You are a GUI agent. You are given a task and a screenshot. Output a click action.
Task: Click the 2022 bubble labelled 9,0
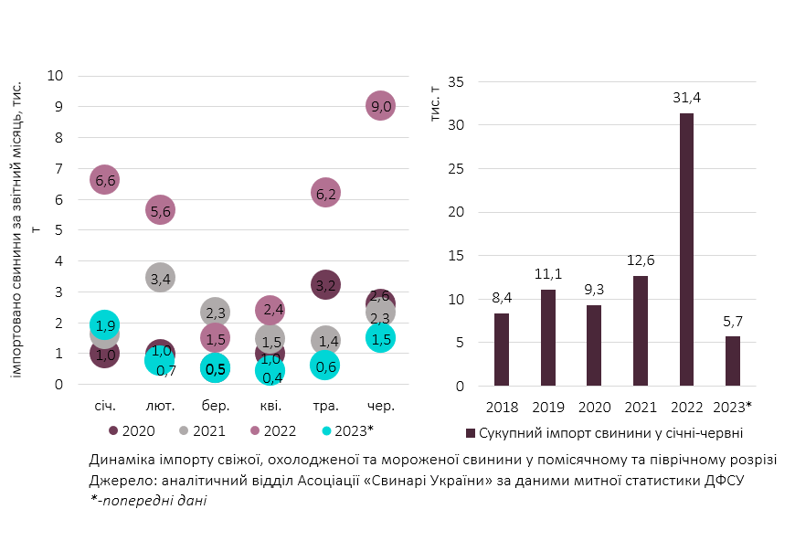coord(380,106)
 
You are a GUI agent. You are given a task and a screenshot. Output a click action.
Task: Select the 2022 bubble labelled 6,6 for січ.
coord(104,180)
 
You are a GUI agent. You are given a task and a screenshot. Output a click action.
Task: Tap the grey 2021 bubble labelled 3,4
coord(160,278)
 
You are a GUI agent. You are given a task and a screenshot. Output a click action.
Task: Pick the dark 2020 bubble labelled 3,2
coord(325,285)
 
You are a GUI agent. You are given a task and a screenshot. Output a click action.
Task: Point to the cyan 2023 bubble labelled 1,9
coord(104,325)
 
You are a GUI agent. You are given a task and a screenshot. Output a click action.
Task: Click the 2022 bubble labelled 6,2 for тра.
coord(325,193)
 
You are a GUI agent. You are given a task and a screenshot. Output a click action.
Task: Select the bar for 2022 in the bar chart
coord(686,249)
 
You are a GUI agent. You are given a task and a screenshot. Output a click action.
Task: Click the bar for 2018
coord(502,349)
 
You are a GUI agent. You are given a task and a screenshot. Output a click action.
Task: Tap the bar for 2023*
coord(732,361)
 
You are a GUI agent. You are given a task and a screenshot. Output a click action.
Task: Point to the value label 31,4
coord(686,98)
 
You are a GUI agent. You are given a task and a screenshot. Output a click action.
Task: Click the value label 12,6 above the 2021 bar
coord(640,261)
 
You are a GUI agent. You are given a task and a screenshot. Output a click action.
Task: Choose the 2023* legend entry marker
coord(328,430)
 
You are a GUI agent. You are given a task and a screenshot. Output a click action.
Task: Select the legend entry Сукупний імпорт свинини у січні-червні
coord(604,432)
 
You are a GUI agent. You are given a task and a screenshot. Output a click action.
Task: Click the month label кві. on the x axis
coord(270,406)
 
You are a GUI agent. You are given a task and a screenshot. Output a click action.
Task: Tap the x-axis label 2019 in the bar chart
coord(547,406)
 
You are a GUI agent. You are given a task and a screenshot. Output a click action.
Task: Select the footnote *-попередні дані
coord(148,500)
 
